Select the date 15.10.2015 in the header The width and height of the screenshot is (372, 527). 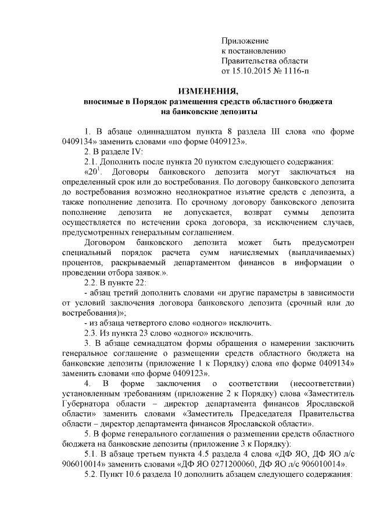click(x=253, y=71)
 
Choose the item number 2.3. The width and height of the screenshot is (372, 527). click(x=92, y=334)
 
